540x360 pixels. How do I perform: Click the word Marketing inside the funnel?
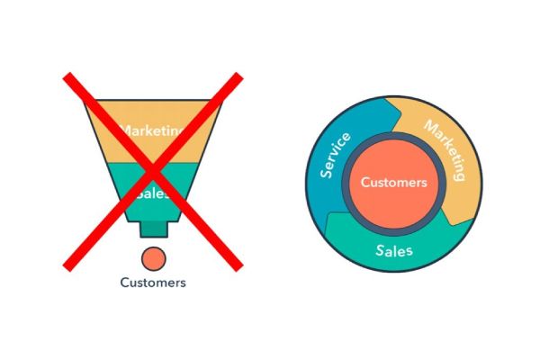tap(153, 130)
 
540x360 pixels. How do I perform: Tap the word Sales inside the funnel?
tap(153, 193)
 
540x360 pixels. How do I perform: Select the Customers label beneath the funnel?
tap(153, 283)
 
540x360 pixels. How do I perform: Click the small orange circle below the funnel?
tap(154, 257)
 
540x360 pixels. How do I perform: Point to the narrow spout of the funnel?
tap(153, 229)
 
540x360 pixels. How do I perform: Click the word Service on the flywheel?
tap(335, 156)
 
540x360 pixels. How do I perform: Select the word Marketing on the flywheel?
tap(445, 148)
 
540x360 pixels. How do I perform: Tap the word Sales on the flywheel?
tap(394, 248)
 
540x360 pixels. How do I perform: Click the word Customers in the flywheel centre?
tap(393, 182)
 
